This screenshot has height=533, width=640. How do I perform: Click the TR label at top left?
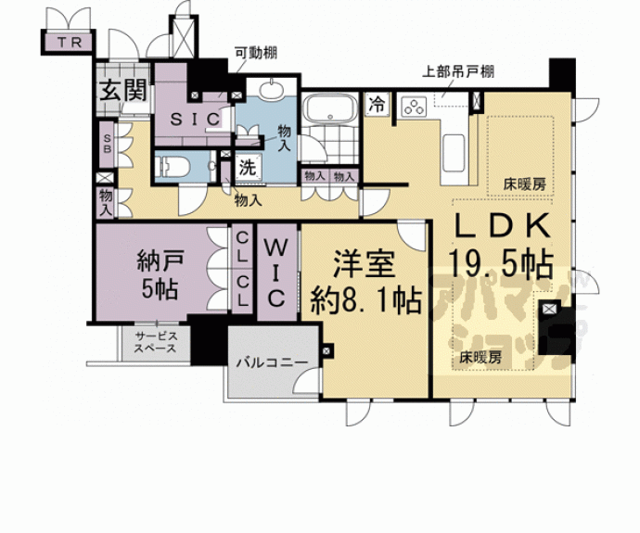(x=68, y=43)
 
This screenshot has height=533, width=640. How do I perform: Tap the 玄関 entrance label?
(x=122, y=91)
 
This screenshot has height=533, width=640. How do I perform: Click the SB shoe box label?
(x=107, y=144)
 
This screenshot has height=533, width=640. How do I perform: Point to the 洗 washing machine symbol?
(x=247, y=168)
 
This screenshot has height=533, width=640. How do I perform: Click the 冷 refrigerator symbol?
(x=378, y=105)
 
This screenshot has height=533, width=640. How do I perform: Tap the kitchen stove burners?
(x=412, y=108)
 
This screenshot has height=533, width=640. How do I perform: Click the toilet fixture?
(x=176, y=167)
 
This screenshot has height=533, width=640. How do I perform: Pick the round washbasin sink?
(x=272, y=91)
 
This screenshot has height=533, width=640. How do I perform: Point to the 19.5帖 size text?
(x=502, y=263)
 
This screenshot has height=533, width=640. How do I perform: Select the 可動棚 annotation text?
(x=254, y=53)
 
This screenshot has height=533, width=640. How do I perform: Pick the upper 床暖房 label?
(x=525, y=184)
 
